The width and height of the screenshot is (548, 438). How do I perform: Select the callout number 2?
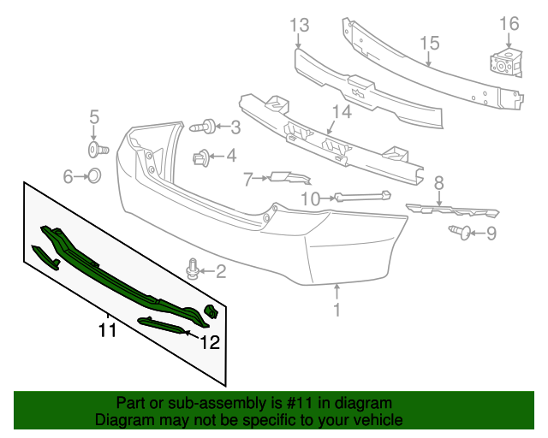pos(220,272)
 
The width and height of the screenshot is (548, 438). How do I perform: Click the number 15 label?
pos(429,43)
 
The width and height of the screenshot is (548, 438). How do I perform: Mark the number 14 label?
pos(342,111)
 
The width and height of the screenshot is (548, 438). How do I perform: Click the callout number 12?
pos(210,343)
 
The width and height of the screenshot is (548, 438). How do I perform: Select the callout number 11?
pos(107,329)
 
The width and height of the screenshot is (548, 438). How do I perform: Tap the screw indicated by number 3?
pos(202,127)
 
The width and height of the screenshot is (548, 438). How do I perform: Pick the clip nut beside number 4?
pos(201,157)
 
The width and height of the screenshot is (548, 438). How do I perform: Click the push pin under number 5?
pos(97,151)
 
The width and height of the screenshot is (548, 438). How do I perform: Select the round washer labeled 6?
pos(95,177)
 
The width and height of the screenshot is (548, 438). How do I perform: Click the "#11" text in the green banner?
pos(301,403)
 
